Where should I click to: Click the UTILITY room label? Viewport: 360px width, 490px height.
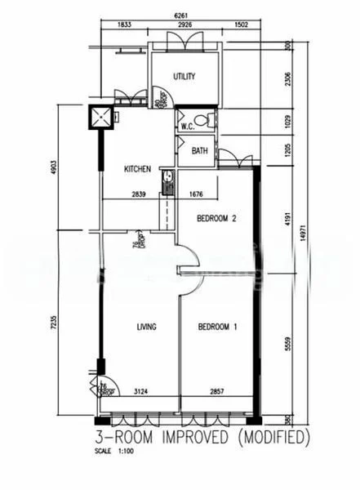pos(184,77)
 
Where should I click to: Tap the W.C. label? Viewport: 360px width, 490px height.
pos(186,126)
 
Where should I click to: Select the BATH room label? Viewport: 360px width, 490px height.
pos(200,151)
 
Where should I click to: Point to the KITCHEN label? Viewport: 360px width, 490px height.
pos(136,170)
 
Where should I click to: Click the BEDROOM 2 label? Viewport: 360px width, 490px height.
pos(218,218)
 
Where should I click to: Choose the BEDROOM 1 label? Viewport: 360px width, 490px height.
pos(218,327)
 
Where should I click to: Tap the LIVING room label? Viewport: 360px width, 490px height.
pos(146,327)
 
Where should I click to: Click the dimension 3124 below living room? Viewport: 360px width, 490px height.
pos(140,394)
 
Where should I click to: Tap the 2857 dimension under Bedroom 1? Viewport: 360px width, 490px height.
pos(220,394)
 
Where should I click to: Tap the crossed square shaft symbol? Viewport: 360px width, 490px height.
pos(101,119)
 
